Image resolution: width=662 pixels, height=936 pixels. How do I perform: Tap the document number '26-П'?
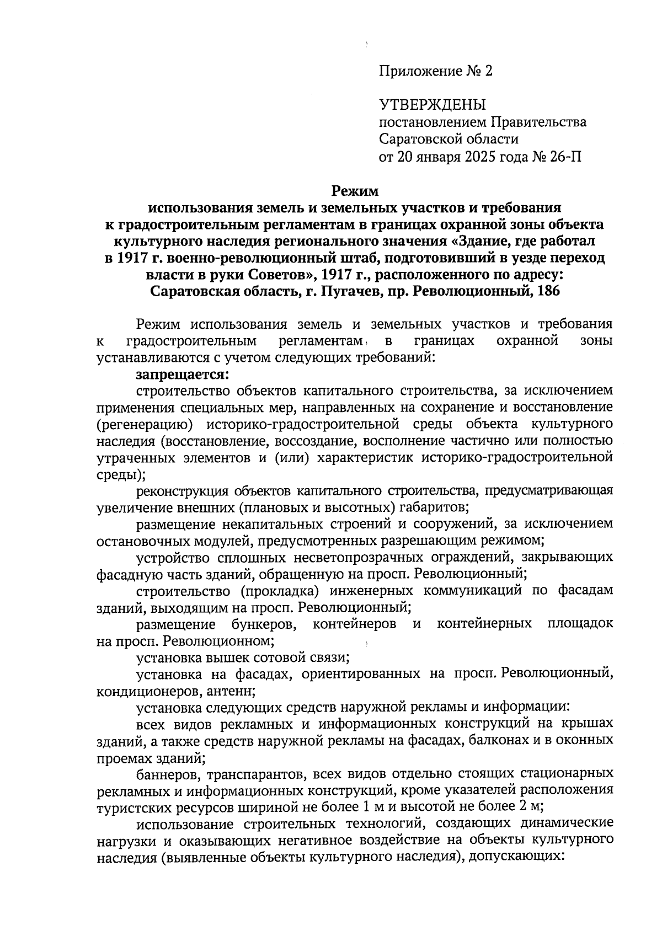[565, 157]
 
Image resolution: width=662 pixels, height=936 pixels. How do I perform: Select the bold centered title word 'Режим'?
[355, 191]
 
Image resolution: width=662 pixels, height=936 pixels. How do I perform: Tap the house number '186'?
[547, 291]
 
